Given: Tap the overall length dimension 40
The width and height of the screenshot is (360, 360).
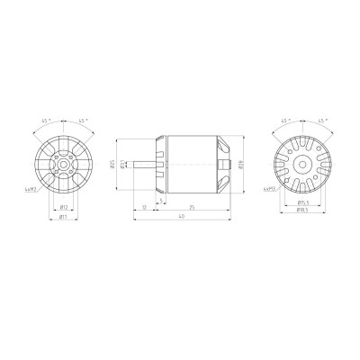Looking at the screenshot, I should [182, 217].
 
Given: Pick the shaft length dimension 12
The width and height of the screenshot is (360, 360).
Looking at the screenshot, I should [144, 207].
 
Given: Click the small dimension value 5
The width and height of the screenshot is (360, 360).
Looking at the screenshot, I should [161, 200].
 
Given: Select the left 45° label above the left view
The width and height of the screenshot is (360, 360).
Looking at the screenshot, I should [45, 120].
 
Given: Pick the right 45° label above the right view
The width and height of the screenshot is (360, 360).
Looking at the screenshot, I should [320, 120].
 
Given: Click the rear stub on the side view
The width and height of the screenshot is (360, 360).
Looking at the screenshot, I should [235, 163].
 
